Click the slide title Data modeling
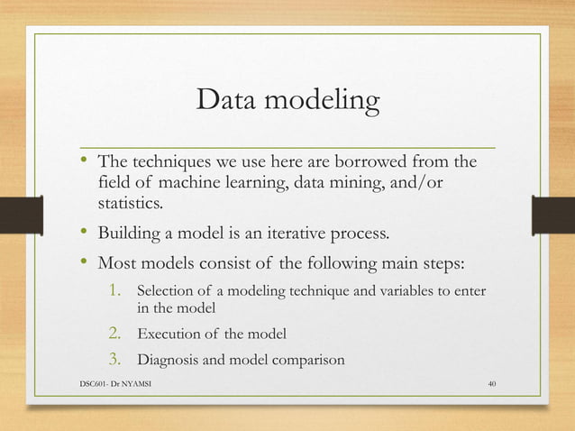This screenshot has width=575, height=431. (287, 101)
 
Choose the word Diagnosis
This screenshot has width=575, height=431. (171, 362)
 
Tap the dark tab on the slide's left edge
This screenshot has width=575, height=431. (20, 215)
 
